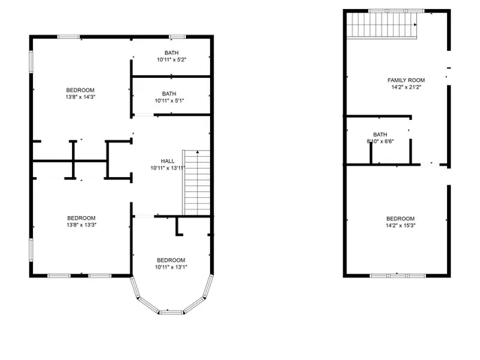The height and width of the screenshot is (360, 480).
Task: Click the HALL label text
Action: pyautogui.click(x=168, y=160)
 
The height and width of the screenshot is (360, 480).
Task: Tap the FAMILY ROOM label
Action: pyautogui.click(x=406, y=79)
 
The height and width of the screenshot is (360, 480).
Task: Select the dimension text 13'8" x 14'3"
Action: pyautogui.click(x=81, y=96)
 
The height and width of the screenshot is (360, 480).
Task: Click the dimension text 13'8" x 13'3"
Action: pyautogui.click(x=81, y=224)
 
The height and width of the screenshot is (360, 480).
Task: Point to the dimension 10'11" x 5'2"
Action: pyautogui.click(x=172, y=59)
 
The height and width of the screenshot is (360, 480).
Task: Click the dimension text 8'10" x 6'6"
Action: pyautogui.click(x=380, y=141)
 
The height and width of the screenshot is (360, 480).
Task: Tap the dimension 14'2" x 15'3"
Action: pyautogui.click(x=400, y=225)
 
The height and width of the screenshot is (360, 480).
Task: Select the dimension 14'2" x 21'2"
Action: pyautogui.click(x=406, y=87)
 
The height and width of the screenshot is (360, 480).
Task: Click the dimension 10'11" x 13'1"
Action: pyautogui.click(x=171, y=267)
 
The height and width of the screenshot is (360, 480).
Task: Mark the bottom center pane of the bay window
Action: pyautogui.click(x=171, y=312)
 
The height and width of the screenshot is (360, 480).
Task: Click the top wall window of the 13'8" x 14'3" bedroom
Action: pyautogui.click(x=69, y=36)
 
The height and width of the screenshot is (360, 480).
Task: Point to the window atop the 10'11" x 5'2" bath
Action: pyautogui.click(x=177, y=36)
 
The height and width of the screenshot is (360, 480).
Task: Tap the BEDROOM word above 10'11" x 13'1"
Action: pyautogui.click(x=171, y=259)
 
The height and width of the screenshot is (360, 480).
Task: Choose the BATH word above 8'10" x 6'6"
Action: pyautogui.click(x=379, y=133)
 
